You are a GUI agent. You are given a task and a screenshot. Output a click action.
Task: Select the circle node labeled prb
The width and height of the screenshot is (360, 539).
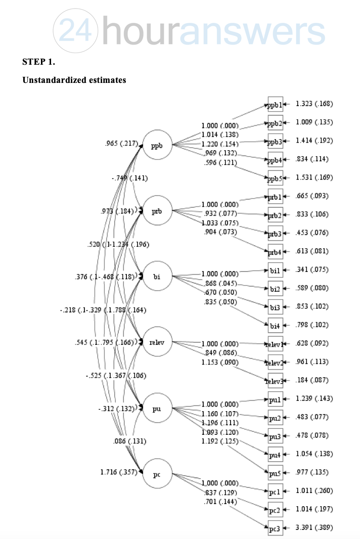(x=157, y=211)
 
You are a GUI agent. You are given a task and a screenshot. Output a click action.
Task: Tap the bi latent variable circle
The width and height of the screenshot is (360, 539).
(x=157, y=277)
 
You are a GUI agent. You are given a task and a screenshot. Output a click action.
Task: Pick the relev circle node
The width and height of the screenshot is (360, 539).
(x=157, y=343)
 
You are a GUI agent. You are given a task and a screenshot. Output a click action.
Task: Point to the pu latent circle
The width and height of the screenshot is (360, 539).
(x=157, y=409)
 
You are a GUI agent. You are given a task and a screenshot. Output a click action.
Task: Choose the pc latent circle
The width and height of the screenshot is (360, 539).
(x=157, y=474)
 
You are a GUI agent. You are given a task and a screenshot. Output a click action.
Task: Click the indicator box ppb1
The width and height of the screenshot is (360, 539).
(x=275, y=105)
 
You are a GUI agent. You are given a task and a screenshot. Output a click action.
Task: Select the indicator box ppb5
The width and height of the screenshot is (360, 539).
(x=275, y=178)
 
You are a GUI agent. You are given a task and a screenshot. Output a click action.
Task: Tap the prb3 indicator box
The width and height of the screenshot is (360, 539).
(x=275, y=233)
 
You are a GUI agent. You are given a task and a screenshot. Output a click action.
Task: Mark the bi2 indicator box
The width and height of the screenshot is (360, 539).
(x=275, y=288)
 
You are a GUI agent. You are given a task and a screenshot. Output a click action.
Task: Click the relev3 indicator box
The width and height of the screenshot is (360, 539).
(x=275, y=380)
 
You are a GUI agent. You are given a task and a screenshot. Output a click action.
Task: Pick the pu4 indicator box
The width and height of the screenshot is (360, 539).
(x=275, y=454)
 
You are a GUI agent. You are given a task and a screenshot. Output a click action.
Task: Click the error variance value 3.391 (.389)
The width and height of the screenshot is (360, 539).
(x=314, y=528)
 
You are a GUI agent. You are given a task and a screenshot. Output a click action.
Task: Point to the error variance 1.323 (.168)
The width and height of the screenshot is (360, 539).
(x=314, y=104)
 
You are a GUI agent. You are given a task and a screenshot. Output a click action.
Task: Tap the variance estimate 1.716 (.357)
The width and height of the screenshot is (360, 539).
(x=119, y=473)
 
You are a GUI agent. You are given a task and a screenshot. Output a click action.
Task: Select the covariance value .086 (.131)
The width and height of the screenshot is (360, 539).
(x=129, y=441)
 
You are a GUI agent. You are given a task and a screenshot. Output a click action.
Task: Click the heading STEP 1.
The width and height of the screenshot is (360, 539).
(x=39, y=62)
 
